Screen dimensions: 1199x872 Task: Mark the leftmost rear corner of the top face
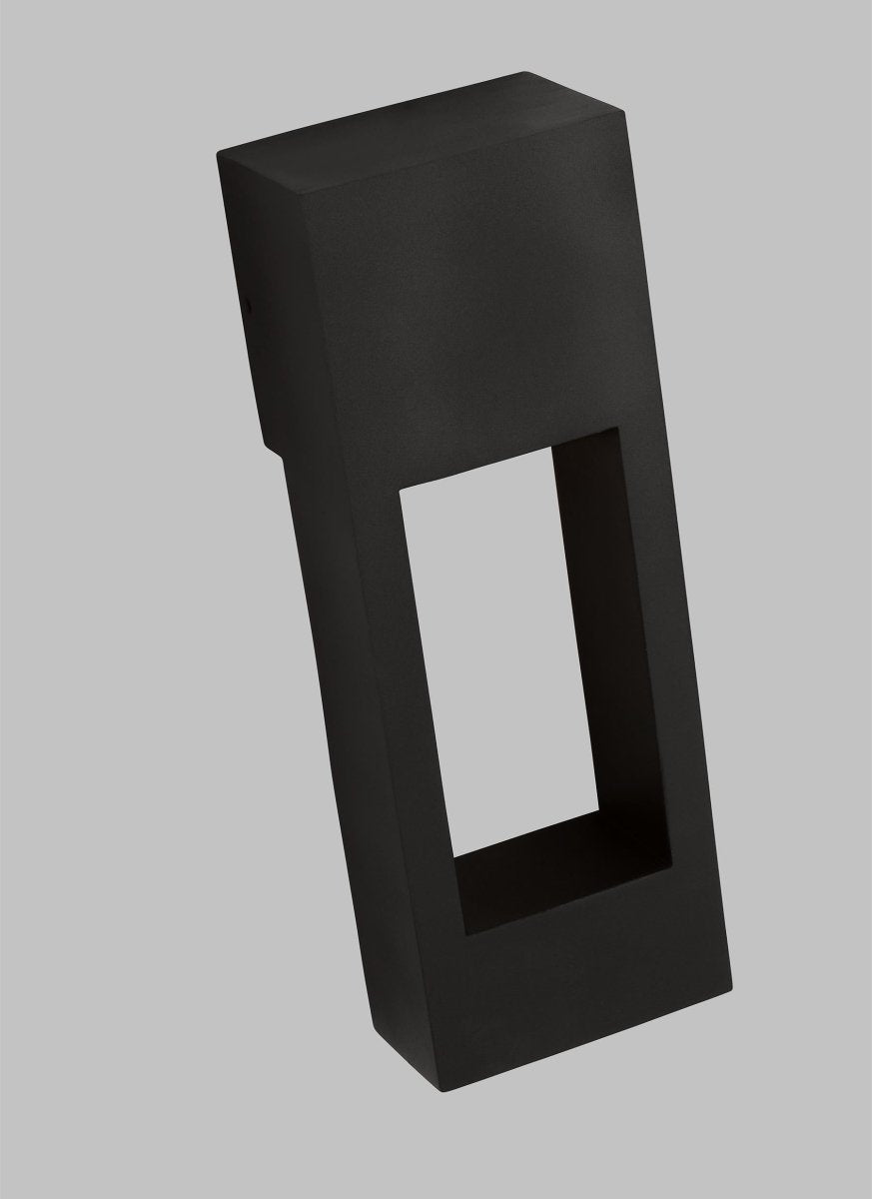pyautogui.click(x=218, y=151)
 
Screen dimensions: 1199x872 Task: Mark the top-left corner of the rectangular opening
pyautogui.click(x=399, y=491)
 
